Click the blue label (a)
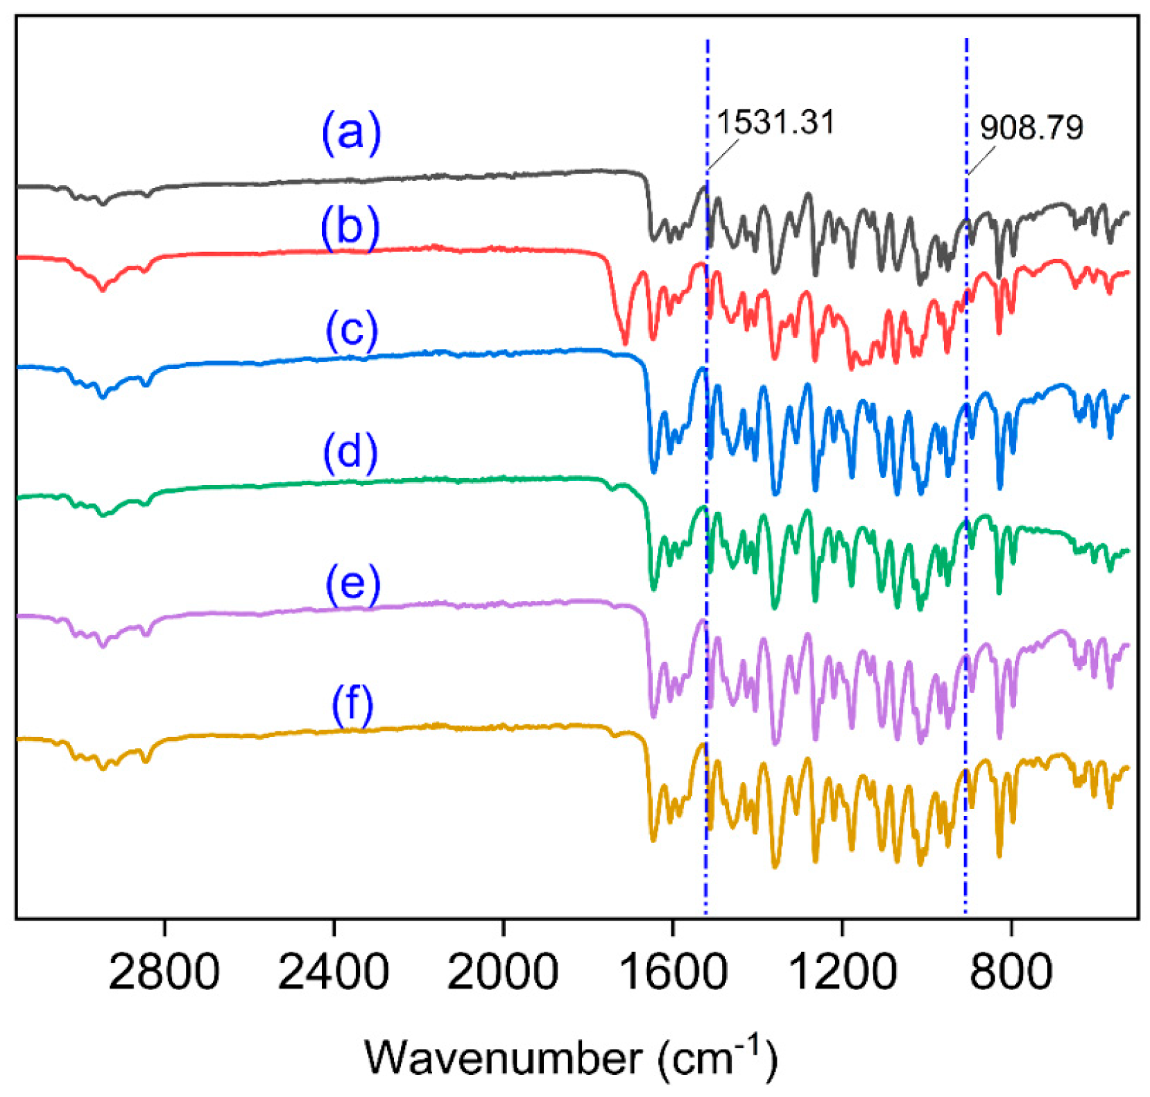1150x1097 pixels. pos(351,132)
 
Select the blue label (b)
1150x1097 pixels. pos(350,228)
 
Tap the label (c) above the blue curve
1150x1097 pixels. pos(352,330)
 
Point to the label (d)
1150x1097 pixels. pos(350,452)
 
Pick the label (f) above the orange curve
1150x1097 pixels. pos(352,706)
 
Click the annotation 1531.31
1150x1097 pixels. pos(775,122)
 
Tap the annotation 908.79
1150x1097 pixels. pos(1031,128)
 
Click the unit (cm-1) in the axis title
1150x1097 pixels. pos(718,1057)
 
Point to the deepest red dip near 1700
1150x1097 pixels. pos(625,342)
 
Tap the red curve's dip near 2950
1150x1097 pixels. pos(103,289)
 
